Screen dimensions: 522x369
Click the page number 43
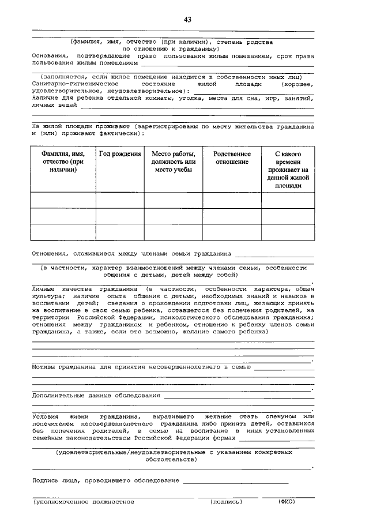[187, 20]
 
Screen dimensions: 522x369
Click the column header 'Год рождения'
[120, 154]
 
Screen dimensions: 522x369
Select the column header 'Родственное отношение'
[232, 158]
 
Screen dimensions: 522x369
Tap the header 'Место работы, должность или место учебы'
[173, 162]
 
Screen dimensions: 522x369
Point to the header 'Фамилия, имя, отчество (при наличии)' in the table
[63, 162]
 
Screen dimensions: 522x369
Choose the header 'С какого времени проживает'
[288, 170]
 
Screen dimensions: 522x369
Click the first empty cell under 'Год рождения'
[120, 200]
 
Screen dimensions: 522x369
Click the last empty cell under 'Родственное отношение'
[232, 231]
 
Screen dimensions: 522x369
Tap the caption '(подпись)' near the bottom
[227, 501]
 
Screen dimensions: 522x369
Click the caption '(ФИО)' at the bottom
[286, 501]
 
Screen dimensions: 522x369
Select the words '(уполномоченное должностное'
[84, 501]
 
